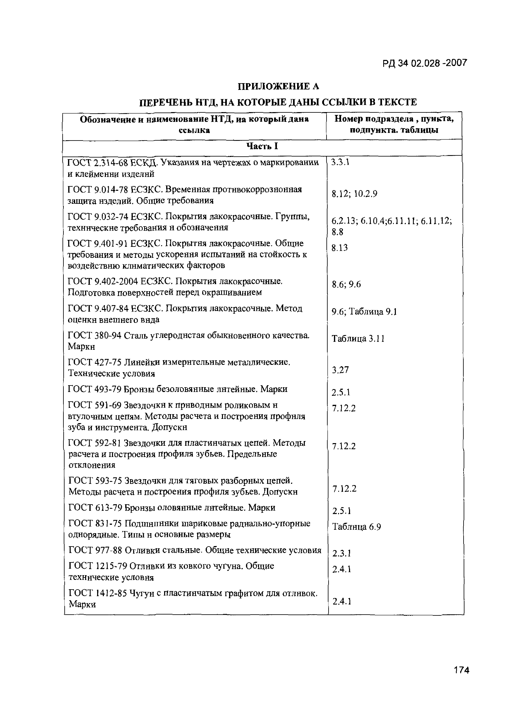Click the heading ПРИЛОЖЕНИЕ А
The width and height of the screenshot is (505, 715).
(x=279, y=86)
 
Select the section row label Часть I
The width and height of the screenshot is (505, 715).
(x=262, y=146)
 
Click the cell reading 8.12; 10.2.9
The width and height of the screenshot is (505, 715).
(x=354, y=194)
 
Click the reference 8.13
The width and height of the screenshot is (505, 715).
(x=339, y=248)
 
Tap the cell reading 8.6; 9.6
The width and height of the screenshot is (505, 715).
(x=346, y=284)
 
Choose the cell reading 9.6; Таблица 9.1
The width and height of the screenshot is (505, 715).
(x=364, y=312)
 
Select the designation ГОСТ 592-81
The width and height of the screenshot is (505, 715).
(x=95, y=443)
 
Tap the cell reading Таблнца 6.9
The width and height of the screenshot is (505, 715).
(x=357, y=527)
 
